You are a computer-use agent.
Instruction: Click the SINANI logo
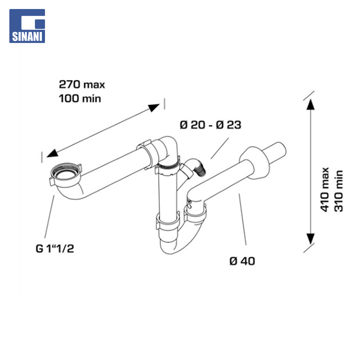pos(27,26)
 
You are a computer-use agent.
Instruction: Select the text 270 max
pos(82,84)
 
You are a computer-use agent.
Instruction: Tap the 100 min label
pos(80,99)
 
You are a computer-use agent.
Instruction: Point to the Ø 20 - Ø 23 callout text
pos(211,125)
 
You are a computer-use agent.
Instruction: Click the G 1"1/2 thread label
pos(55,248)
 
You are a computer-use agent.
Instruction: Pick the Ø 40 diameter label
pos(242,261)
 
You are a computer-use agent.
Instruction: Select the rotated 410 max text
pos(325,189)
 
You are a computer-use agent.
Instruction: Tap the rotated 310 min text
pos(338,191)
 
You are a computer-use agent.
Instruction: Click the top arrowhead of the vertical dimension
pos(310,105)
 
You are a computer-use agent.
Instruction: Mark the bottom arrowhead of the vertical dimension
pos(310,239)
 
